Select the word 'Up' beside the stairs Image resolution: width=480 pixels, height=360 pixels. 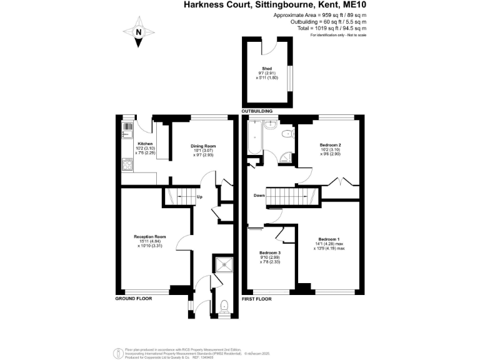point(199,197)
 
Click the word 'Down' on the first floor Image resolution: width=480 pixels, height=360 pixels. point(260,196)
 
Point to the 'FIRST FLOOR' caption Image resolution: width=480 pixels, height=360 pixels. point(257,299)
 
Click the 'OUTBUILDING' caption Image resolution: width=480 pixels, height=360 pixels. point(257,111)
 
